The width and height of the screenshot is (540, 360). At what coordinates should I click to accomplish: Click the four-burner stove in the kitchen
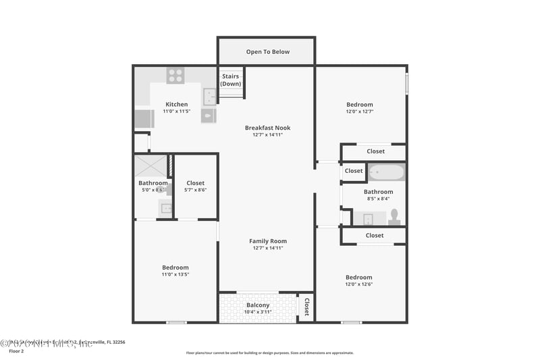point(175,76)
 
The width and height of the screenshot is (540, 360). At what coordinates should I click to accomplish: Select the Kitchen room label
point(177,104)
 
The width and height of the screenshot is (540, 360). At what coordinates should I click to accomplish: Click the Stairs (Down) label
point(231,80)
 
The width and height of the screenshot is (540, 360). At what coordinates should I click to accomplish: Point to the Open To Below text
point(268,51)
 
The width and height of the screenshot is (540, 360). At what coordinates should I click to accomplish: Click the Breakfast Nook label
point(268,128)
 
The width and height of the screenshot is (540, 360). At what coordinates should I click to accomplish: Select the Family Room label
point(268,241)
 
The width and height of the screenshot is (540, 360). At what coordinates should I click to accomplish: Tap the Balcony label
point(259,305)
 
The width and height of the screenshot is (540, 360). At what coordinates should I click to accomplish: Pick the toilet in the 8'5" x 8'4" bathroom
point(395,217)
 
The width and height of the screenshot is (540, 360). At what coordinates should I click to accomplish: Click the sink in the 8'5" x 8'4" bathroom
point(368,219)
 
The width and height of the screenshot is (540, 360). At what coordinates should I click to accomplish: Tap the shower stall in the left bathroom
point(150,166)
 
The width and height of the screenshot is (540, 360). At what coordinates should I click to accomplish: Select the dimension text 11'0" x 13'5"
point(175,274)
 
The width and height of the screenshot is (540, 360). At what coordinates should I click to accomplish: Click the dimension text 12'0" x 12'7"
point(359,111)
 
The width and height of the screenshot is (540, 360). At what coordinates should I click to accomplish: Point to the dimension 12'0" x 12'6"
point(359,284)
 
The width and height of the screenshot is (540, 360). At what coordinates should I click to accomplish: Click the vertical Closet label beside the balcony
point(306,307)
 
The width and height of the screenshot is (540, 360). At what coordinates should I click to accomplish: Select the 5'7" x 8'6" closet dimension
point(196,190)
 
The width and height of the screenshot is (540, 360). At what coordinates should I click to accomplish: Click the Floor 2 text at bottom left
point(16,351)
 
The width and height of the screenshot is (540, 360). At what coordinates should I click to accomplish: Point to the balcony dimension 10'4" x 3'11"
point(259,312)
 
